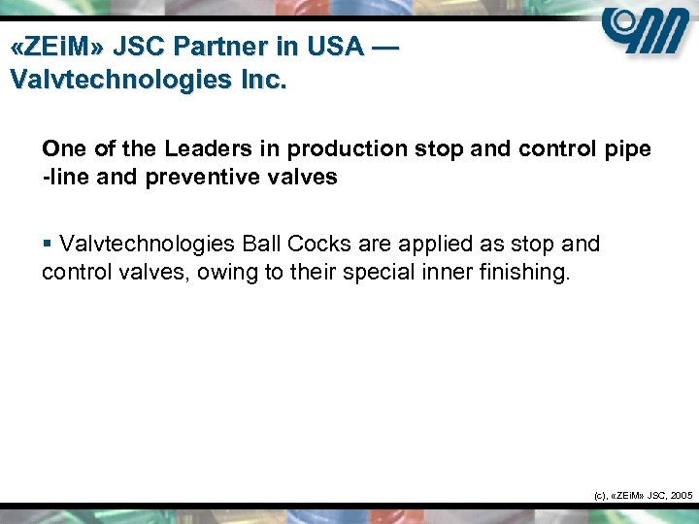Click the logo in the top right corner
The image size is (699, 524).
click(x=645, y=38)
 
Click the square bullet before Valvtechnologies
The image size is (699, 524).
click(x=47, y=244)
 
